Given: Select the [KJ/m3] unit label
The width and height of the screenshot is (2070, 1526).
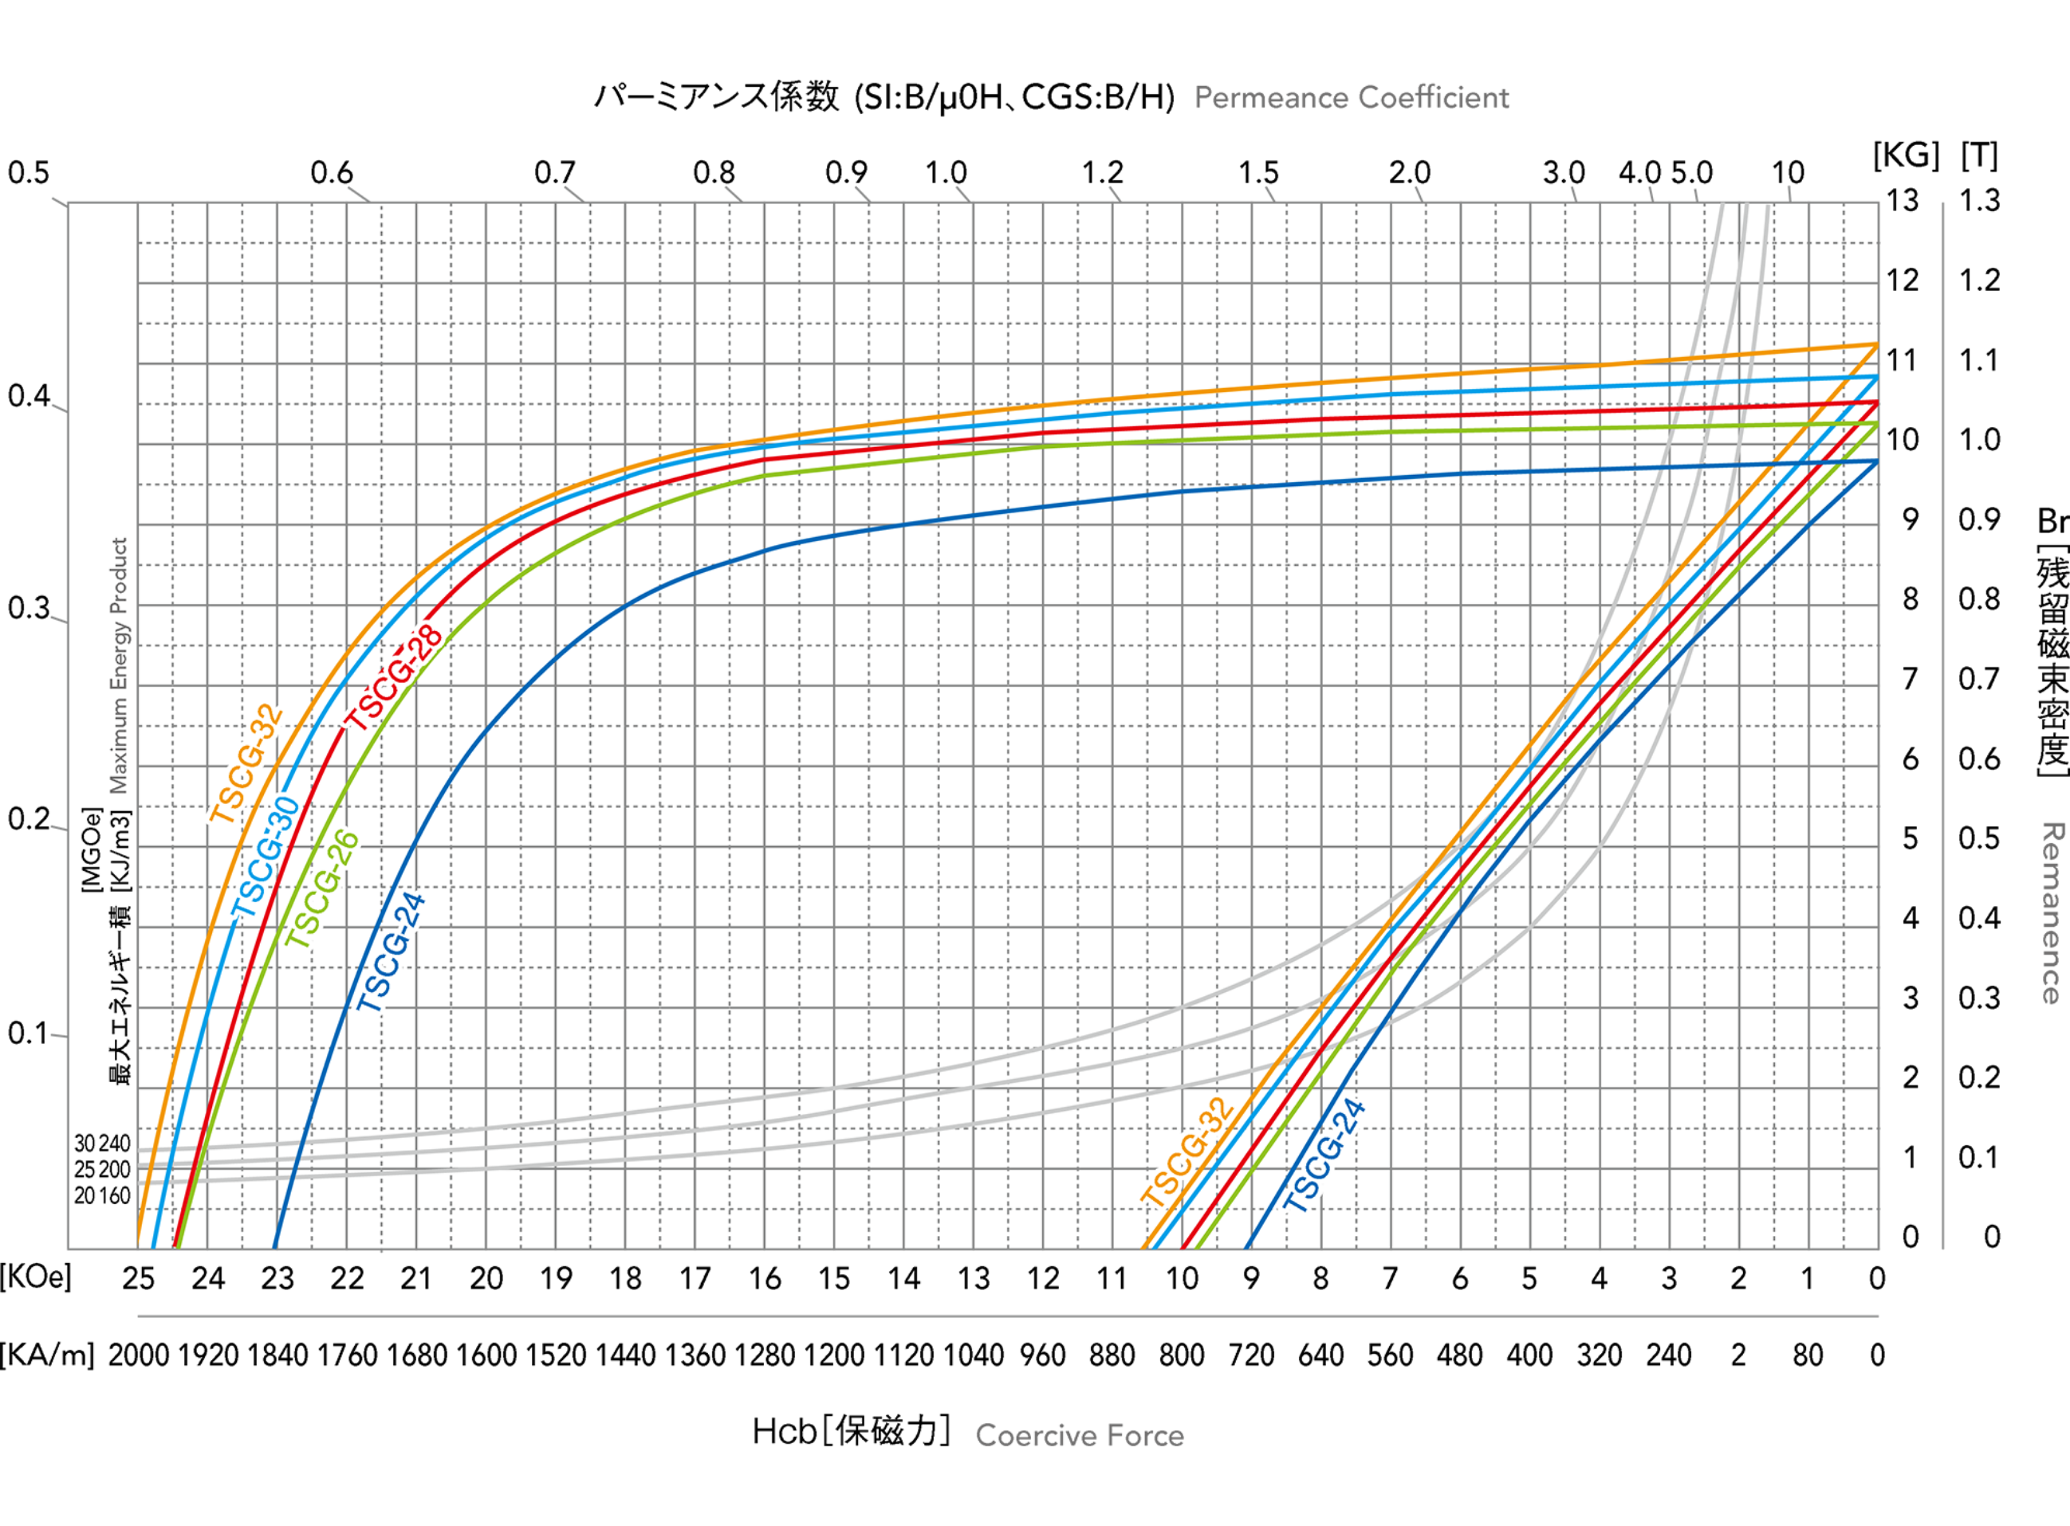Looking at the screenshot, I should coord(120,849).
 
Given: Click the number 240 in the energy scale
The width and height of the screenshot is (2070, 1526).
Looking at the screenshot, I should coord(114,1144).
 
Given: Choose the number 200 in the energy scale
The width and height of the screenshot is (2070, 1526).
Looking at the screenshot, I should coord(114,1170).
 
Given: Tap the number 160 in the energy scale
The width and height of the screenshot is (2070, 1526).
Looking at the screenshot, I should coord(114,1195).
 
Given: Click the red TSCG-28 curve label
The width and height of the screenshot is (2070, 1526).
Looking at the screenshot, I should coord(395,679).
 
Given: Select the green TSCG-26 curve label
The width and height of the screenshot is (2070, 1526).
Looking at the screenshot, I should coord(321,890).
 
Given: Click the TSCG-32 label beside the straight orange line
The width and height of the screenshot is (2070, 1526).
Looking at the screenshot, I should coord(1188,1152).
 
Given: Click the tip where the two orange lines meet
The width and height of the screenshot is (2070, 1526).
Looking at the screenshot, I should coord(1877,343).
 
